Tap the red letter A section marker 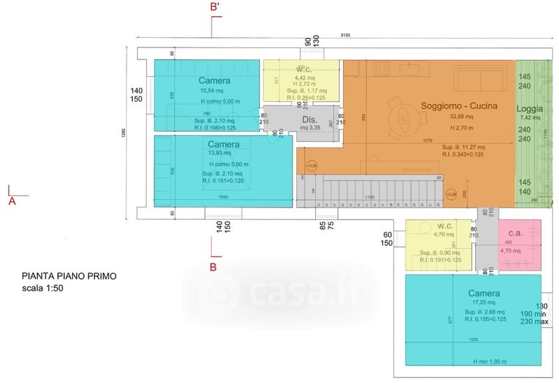pyautogui.click(x=12, y=201)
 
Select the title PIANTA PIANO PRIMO pyautogui.click(x=68, y=276)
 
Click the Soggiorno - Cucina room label pyautogui.click(x=459, y=106)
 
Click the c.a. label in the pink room pyautogui.click(x=516, y=233)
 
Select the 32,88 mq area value pyautogui.click(x=461, y=117)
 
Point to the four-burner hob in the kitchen pyautogui.click(x=382, y=68)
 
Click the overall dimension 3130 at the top pyautogui.click(x=345, y=35)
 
